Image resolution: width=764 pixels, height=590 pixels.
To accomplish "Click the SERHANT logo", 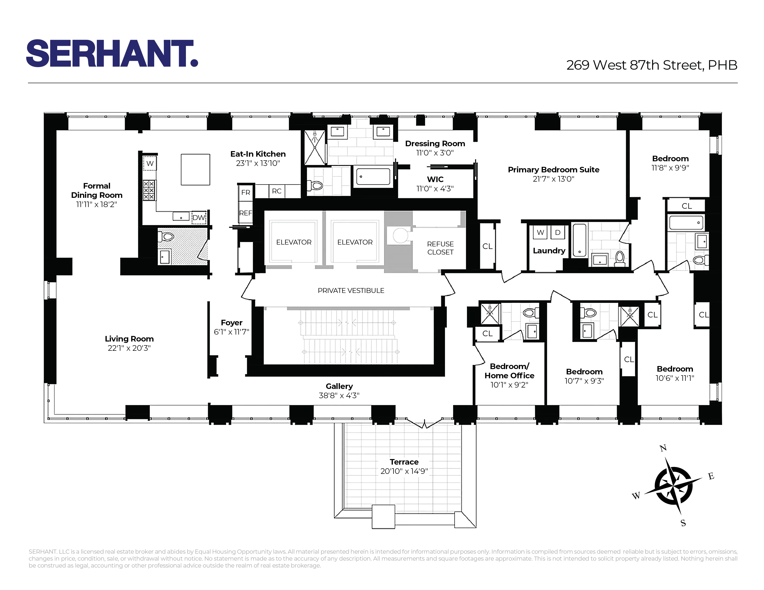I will pyautogui.click(x=112, y=53).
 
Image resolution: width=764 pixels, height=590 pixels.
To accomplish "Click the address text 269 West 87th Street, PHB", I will pyautogui.click(x=651, y=65).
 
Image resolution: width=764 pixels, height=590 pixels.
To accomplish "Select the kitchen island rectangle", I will pyautogui.click(x=195, y=170).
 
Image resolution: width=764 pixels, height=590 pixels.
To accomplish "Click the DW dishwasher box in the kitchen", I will pyautogui.click(x=199, y=217).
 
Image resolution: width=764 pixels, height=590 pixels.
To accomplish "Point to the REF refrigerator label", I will pyautogui.click(x=246, y=213).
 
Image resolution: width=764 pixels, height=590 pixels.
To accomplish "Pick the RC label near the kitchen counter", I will pyautogui.click(x=276, y=191).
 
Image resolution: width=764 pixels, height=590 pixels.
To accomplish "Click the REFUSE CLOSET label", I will pyautogui.click(x=440, y=248).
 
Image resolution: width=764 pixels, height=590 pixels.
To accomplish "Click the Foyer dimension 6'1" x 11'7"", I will pyautogui.click(x=231, y=332).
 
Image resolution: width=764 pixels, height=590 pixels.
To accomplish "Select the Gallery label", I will pyautogui.click(x=339, y=386).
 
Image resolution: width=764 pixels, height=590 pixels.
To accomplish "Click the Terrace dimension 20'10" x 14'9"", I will pyautogui.click(x=404, y=471).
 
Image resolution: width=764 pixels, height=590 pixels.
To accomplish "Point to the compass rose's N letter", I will pyautogui.click(x=663, y=448).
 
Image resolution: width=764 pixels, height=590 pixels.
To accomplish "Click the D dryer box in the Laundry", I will pyautogui.click(x=558, y=233).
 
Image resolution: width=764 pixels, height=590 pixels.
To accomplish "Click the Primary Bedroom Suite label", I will pyautogui.click(x=553, y=170).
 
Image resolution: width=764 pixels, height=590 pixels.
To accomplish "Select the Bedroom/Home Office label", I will pyautogui.click(x=509, y=371).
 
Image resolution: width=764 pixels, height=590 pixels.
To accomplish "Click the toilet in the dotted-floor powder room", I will pyautogui.click(x=166, y=237).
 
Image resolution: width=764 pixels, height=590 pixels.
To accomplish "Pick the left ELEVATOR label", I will pyautogui.click(x=294, y=242).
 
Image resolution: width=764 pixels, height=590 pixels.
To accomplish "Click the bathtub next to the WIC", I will pyautogui.click(x=373, y=177).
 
